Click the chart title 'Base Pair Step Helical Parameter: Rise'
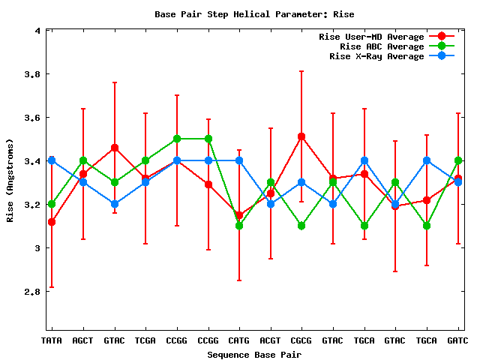tap(254, 14)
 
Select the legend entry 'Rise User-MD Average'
tap(371, 36)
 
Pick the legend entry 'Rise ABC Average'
tap(382, 46)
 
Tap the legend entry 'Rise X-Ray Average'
tap(376, 56)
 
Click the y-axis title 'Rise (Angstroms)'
tap(11, 180)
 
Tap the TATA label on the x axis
tap(51, 340)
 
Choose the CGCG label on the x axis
tap(301, 340)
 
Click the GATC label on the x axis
tap(457, 340)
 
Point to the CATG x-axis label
tap(238, 340)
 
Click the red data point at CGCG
tap(301, 136)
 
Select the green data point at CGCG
tap(301, 226)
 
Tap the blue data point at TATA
tap(52, 160)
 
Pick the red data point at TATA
tap(52, 222)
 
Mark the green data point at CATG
tap(238, 226)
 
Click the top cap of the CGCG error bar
tap(301, 71)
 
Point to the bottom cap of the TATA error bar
tap(52, 286)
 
